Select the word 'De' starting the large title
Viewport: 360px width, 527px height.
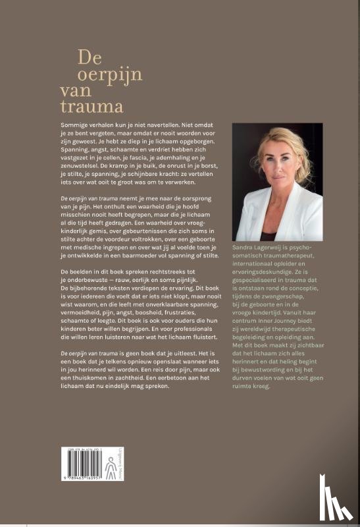coord(89,57)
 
